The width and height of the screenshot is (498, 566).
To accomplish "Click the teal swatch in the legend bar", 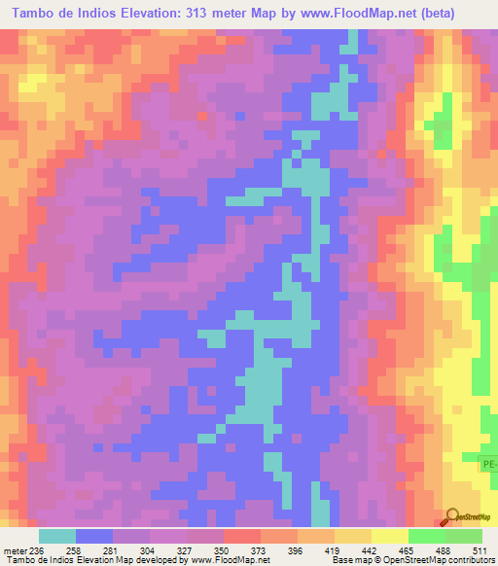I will [x=57, y=536].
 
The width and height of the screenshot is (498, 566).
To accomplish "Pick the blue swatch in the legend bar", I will [x=94, y=536].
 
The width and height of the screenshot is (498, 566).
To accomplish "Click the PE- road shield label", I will [x=489, y=466].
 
